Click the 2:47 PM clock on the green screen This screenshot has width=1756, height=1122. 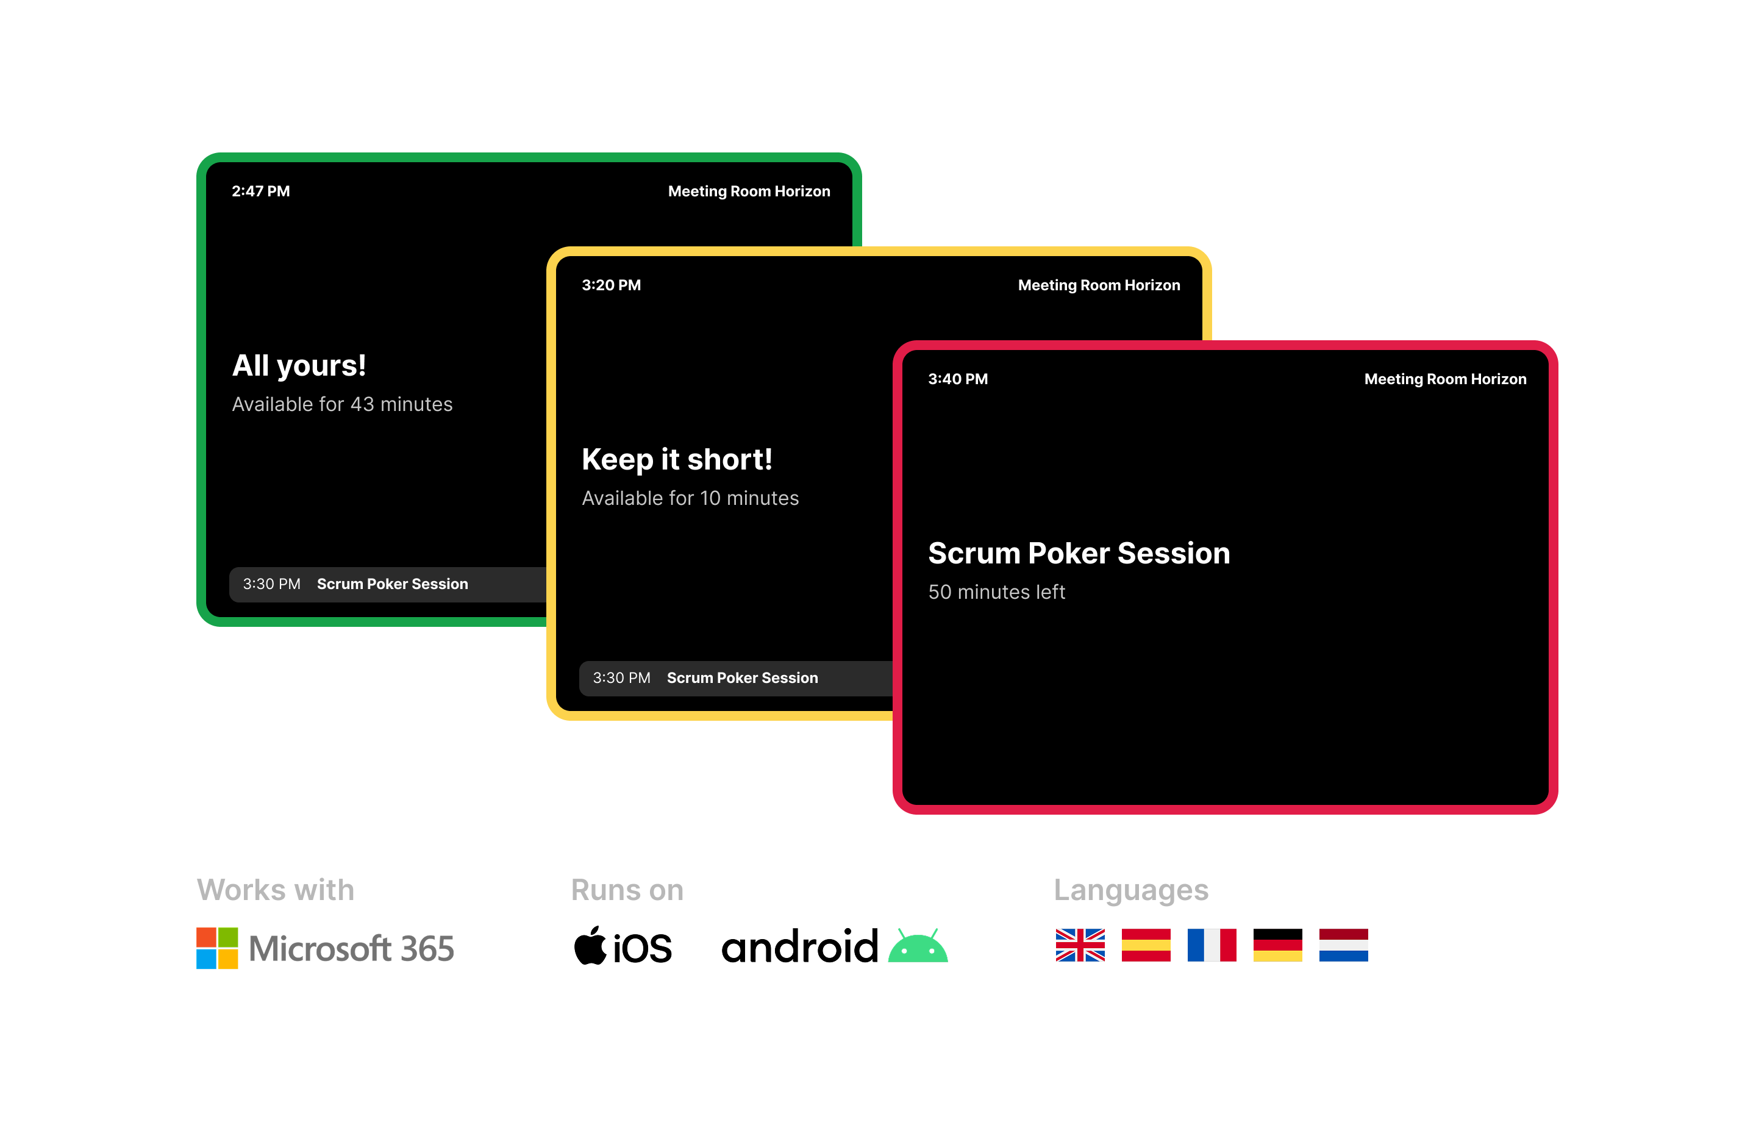tap(260, 191)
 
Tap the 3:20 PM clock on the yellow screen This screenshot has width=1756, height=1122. tap(611, 285)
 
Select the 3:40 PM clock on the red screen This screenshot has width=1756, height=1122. tap(957, 379)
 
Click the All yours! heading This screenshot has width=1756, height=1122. tap(299, 365)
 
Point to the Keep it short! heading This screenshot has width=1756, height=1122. tap(677, 460)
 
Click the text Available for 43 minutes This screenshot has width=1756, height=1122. tap(342, 404)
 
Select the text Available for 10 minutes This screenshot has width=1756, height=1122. tap(690, 498)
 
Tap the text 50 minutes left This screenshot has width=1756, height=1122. tap(996, 592)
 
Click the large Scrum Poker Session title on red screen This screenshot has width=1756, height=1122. tap(1079, 554)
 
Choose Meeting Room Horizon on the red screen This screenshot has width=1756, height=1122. tap(1444, 379)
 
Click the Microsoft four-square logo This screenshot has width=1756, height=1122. tap(217, 948)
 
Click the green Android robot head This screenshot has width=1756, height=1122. tap(918, 946)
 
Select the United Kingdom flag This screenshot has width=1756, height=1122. tap(1080, 945)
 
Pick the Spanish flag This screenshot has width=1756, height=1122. tap(1146, 945)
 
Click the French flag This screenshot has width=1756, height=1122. tap(1212, 945)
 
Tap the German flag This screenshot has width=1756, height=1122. tap(1277, 945)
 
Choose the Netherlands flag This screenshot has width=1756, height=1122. tap(1343, 945)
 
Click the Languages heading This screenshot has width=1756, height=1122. tap(1131, 891)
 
